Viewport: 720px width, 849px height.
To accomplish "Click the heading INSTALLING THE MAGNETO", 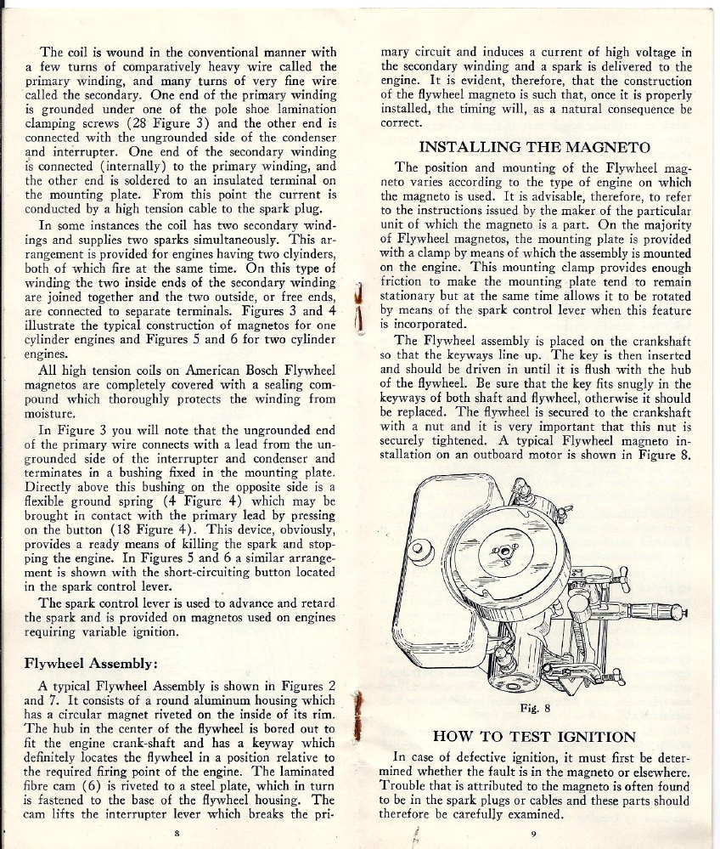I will pyautogui.click(x=535, y=148).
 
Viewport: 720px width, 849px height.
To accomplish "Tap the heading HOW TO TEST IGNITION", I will pyautogui.click(x=534, y=736).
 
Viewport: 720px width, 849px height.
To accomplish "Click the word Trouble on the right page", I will pyautogui.click(x=413, y=788).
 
